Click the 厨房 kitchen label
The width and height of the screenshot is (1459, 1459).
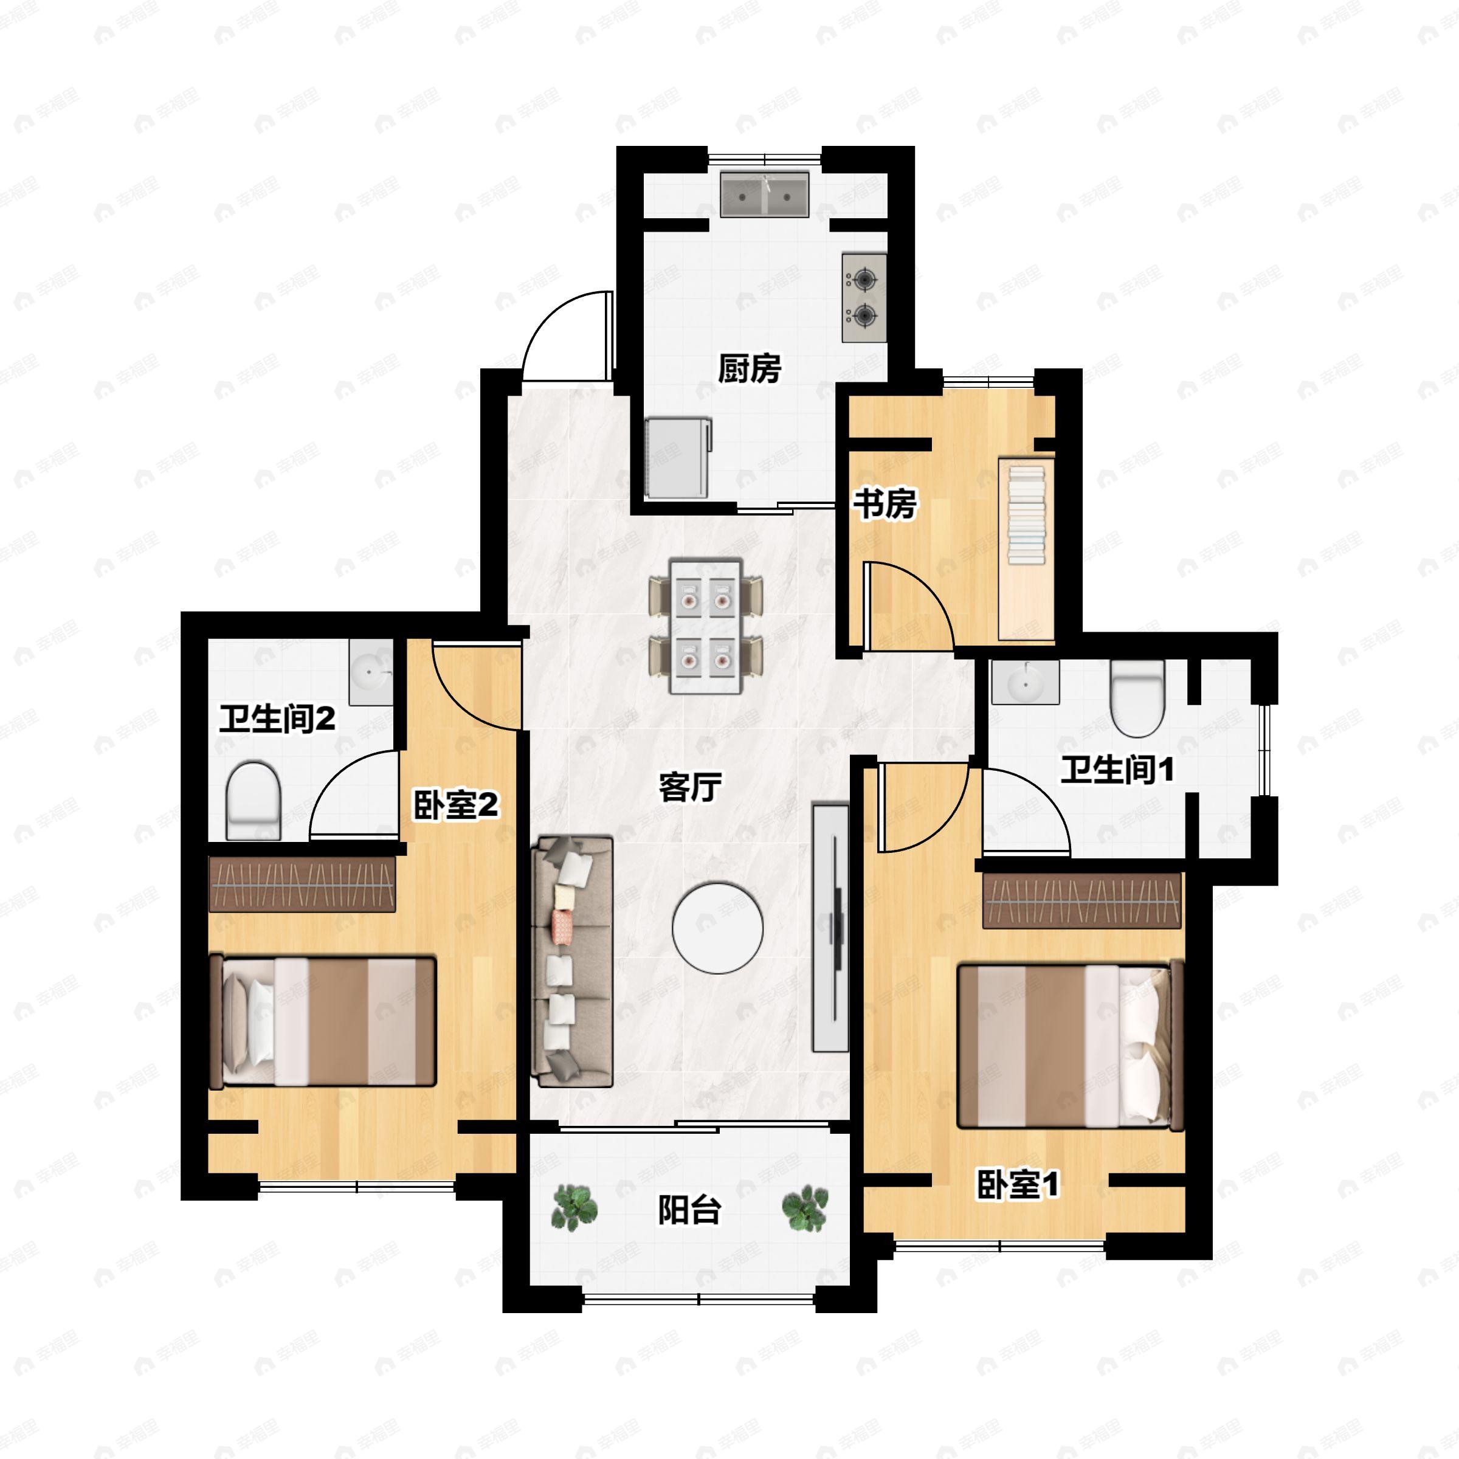[x=749, y=368]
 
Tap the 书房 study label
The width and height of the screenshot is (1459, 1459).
[x=885, y=504]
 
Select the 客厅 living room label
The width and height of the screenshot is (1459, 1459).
[x=690, y=787]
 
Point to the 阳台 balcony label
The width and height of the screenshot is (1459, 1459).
[x=689, y=1209]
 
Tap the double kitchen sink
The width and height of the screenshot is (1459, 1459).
[x=764, y=195]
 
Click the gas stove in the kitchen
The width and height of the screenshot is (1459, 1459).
[x=864, y=297]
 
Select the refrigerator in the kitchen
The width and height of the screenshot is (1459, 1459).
[x=678, y=458]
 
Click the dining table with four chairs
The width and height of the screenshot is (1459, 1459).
[x=705, y=626]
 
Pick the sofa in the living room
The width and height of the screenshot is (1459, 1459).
[x=571, y=961]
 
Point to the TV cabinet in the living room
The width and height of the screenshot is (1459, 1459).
[x=830, y=928]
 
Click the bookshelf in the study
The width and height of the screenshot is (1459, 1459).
[x=1026, y=549]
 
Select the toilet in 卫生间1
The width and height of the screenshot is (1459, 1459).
[x=1138, y=698]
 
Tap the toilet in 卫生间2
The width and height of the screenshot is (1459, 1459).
[x=254, y=801]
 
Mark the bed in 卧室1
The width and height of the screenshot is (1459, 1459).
[x=1070, y=1045]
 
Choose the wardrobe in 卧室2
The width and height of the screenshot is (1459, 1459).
[x=302, y=883]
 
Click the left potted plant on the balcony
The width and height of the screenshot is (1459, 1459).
[x=574, y=1207]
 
